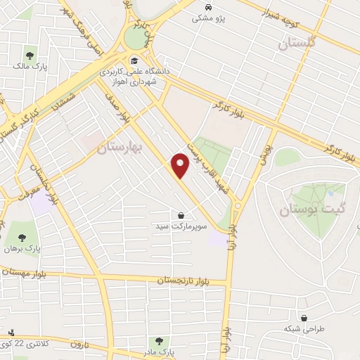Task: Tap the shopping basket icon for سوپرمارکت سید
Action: tap(181, 215)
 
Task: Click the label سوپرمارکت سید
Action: tap(181, 228)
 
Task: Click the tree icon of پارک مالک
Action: tap(30, 54)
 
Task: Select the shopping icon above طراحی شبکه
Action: tap(304, 317)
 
